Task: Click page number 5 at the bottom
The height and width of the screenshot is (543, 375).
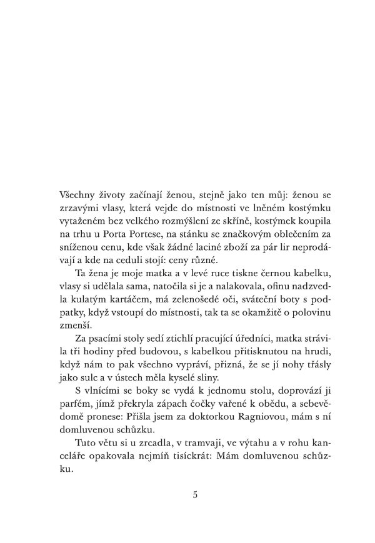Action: coord(196,496)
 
